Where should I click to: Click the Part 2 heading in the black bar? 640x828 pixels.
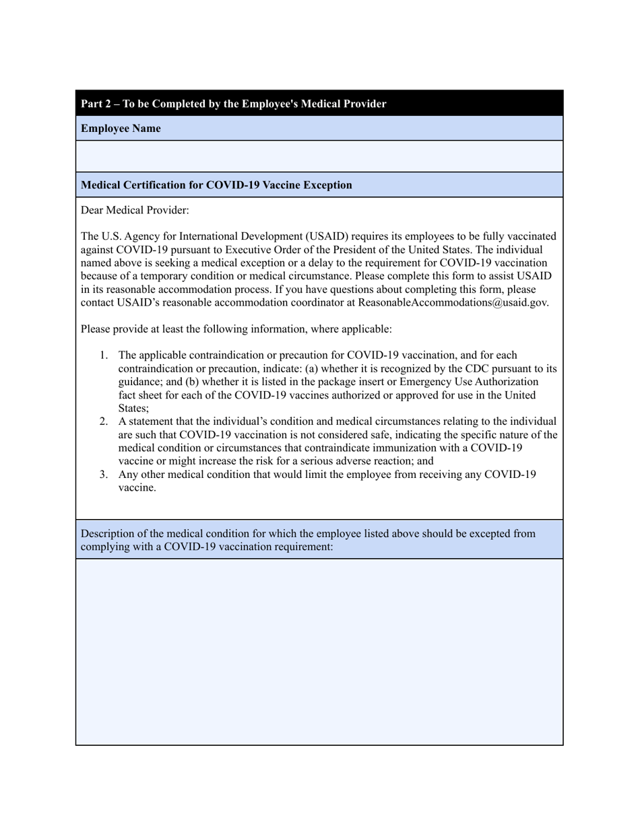[x=233, y=104]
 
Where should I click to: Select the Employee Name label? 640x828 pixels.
[x=121, y=129]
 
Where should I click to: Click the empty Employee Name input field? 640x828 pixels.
[x=319, y=156]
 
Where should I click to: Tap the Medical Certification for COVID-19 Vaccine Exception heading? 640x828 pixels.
[x=216, y=185]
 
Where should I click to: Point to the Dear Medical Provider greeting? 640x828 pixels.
[x=135, y=210]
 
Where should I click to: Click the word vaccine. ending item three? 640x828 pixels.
[x=137, y=488]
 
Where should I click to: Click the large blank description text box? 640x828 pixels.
[x=319, y=651]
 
